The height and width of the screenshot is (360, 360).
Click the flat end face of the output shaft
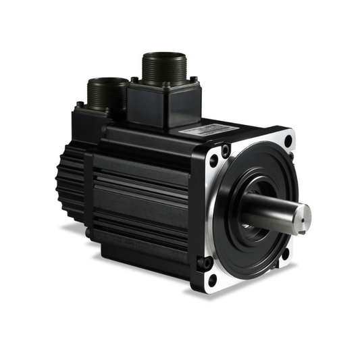(304, 215)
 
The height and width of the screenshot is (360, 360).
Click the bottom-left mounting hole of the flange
(213, 279)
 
